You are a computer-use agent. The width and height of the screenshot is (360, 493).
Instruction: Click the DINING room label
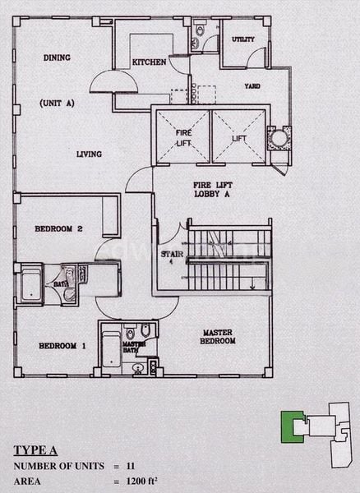click(57, 58)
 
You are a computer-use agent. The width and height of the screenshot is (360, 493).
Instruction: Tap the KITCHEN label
click(149, 62)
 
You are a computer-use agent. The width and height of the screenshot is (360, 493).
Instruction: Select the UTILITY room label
click(243, 39)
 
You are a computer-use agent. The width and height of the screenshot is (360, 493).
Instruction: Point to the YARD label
click(252, 85)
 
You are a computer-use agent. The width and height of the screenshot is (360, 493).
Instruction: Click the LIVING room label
click(89, 154)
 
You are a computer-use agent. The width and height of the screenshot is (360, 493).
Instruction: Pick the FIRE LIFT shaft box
click(182, 136)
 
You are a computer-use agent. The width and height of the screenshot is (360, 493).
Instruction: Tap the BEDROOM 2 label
click(59, 229)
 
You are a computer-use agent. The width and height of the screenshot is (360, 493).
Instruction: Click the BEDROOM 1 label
click(62, 346)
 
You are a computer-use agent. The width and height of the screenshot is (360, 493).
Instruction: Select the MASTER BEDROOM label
click(219, 337)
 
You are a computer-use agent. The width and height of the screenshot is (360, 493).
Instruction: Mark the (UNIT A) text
click(57, 103)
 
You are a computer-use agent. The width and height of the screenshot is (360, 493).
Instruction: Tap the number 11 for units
click(131, 466)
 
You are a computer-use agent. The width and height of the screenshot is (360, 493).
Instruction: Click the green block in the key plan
click(292, 426)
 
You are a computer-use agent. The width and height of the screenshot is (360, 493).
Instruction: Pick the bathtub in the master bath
click(111, 352)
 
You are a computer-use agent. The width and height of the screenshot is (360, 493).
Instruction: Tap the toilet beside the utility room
click(199, 31)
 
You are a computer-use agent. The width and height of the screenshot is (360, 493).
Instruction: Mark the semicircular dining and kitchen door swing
click(114, 81)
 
